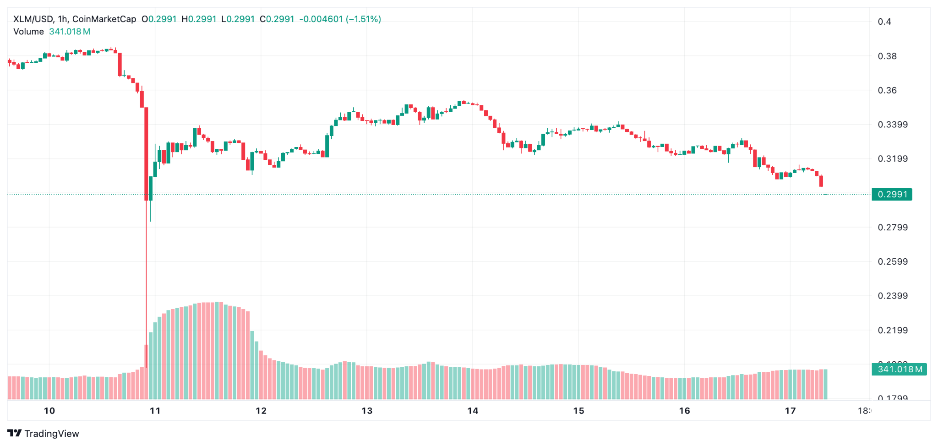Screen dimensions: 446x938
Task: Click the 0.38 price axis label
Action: coord(887,56)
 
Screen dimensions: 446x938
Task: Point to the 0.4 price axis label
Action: coord(884,22)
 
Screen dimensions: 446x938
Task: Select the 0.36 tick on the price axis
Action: coord(887,90)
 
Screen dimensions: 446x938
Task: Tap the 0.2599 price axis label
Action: coord(892,261)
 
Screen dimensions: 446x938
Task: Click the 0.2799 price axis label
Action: coord(892,227)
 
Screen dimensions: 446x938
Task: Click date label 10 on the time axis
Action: coord(49,411)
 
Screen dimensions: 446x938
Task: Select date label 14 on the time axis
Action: coord(473,411)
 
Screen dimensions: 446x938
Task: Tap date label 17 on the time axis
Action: coord(790,411)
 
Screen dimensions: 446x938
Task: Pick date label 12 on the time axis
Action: coord(261,411)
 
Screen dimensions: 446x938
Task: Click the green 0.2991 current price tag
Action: coord(892,194)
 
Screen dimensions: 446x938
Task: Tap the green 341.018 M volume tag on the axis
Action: coord(899,369)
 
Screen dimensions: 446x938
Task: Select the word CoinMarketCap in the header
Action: coord(104,19)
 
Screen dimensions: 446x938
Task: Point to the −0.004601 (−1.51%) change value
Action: coord(340,19)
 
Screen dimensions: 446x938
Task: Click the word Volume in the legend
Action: coord(28,32)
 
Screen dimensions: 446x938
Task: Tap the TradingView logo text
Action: coord(51,434)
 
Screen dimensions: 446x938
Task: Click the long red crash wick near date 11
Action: coord(146,275)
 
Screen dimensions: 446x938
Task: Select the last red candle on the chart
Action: coord(821,181)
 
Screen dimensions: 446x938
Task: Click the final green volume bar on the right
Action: coord(825,384)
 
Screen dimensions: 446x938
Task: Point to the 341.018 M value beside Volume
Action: coord(70,32)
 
